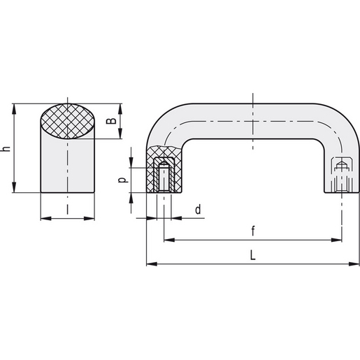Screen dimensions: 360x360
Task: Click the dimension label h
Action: point(6,148)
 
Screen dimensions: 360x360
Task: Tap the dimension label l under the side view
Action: point(68,208)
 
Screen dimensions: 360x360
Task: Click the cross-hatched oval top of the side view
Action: point(68,122)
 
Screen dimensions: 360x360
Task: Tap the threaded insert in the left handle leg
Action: point(165,176)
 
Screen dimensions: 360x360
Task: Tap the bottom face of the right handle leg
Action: point(339,194)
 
